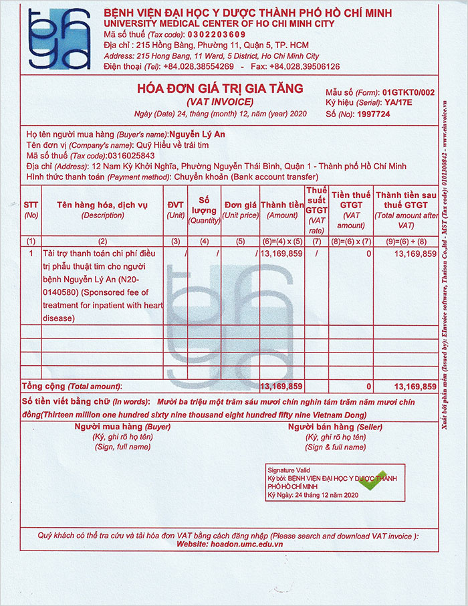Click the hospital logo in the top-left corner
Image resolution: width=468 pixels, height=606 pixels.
click(59, 39)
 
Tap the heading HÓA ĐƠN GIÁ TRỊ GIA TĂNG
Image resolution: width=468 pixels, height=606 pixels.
click(220, 88)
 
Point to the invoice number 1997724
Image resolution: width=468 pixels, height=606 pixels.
click(372, 114)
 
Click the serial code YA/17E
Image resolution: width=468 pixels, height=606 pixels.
click(399, 103)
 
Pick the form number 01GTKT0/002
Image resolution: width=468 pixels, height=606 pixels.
click(408, 92)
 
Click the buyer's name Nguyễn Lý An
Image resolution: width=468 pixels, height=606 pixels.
click(197, 134)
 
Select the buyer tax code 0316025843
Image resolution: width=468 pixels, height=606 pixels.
click(135, 155)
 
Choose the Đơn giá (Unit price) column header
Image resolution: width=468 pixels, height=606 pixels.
click(241, 210)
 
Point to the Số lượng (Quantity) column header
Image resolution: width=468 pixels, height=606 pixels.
click(205, 210)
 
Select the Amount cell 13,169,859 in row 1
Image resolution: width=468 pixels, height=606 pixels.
click(281, 254)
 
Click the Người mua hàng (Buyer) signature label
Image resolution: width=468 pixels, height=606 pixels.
click(122, 426)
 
